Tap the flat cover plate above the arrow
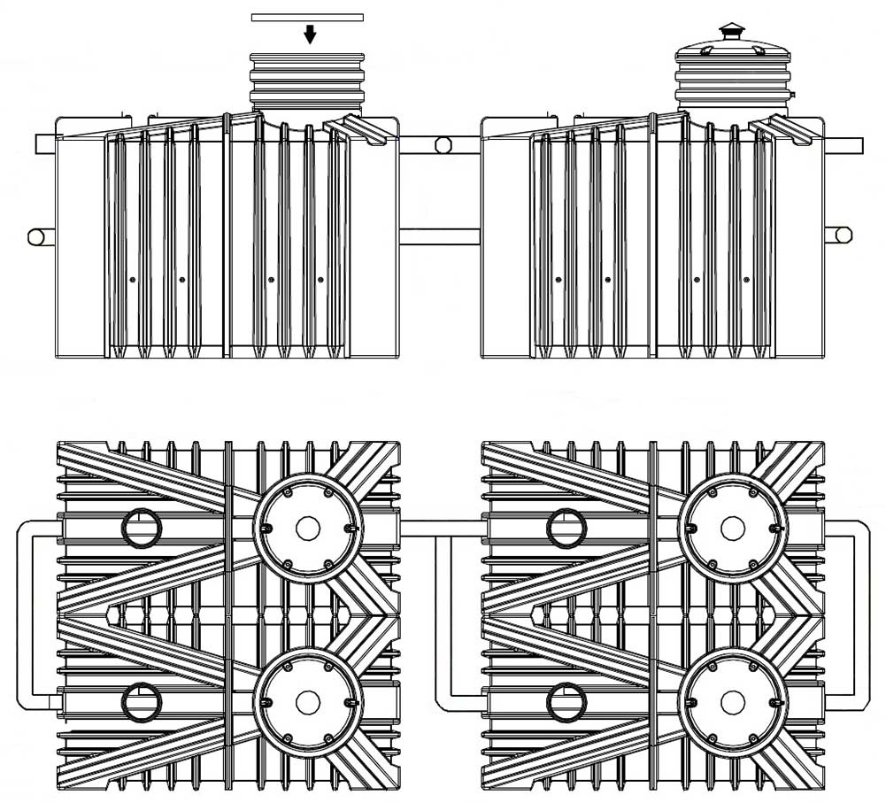point(307,17)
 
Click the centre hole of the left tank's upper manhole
point(307,529)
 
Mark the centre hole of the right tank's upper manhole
point(732,529)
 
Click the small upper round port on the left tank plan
point(142,529)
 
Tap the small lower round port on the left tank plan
point(142,703)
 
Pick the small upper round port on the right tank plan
point(567,529)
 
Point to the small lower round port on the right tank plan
point(567,703)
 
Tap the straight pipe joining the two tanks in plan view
point(440,529)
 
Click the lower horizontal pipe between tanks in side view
point(440,237)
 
